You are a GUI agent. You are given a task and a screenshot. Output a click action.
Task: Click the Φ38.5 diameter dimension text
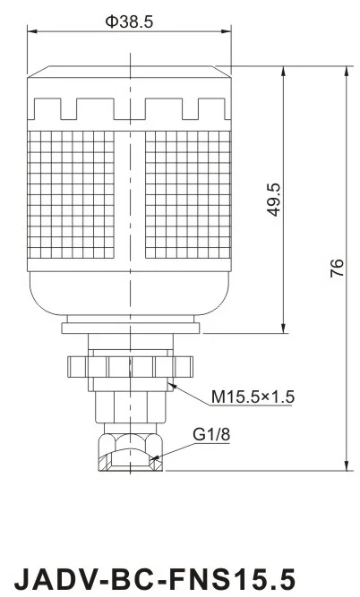pos(129,22)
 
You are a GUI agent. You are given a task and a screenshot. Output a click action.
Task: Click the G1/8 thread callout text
pos(207,436)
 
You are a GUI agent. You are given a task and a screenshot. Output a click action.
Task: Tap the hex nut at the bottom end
pos(129,449)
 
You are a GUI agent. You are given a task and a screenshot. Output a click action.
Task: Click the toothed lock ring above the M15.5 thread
pos(129,366)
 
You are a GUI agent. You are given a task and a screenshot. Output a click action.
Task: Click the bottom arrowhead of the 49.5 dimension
pos(285,328)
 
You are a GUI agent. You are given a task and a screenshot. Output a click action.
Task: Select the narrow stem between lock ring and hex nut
pos(129,407)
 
